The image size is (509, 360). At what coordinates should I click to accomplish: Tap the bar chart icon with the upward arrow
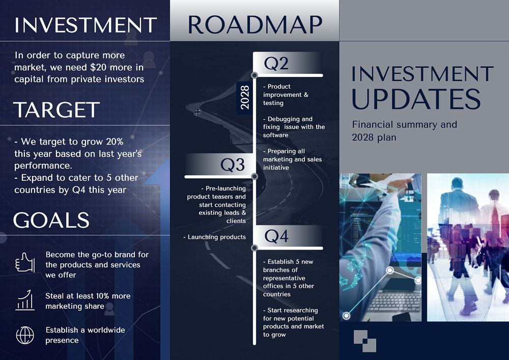[24, 300]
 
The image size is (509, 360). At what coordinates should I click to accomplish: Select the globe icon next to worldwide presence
[24, 335]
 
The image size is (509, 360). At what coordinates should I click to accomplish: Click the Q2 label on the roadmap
[276, 63]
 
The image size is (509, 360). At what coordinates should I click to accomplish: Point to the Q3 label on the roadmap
[233, 164]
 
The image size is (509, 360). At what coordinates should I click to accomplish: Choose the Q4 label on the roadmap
[276, 236]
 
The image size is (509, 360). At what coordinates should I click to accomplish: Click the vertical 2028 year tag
[244, 97]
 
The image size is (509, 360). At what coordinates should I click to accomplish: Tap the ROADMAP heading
[254, 24]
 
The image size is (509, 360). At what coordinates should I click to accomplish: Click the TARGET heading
[56, 110]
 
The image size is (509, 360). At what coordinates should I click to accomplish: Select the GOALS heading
[51, 220]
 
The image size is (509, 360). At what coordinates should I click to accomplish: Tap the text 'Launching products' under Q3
[216, 237]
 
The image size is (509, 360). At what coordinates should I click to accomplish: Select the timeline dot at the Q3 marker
[254, 177]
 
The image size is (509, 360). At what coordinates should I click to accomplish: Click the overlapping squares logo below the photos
[365, 341]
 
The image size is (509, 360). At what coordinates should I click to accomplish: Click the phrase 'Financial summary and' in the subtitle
[404, 125]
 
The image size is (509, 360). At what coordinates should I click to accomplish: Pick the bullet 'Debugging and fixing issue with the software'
[293, 127]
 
